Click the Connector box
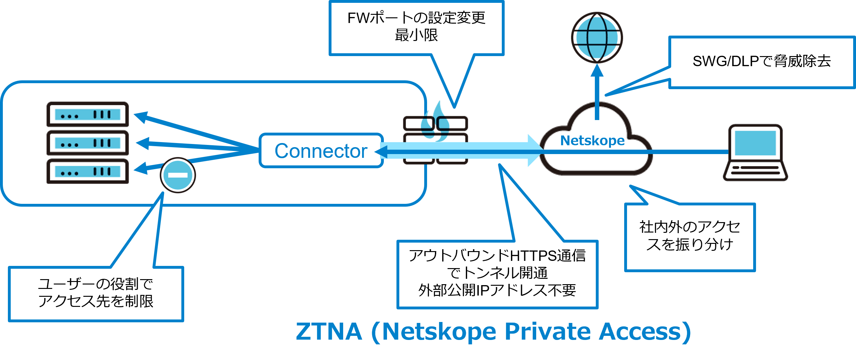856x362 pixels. [321, 151]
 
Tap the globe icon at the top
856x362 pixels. [597, 37]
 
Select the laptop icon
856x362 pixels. [755, 152]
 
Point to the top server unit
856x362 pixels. [88, 114]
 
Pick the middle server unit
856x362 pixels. [88, 143]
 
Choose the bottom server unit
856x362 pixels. [88, 171]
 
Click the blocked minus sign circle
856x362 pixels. [178, 175]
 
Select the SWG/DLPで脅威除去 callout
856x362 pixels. [761, 62]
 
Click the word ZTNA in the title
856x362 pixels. [329, 332]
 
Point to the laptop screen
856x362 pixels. [755, 143]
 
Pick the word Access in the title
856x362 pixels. [640, 332]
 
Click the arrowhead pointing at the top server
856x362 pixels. [141, 117]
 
